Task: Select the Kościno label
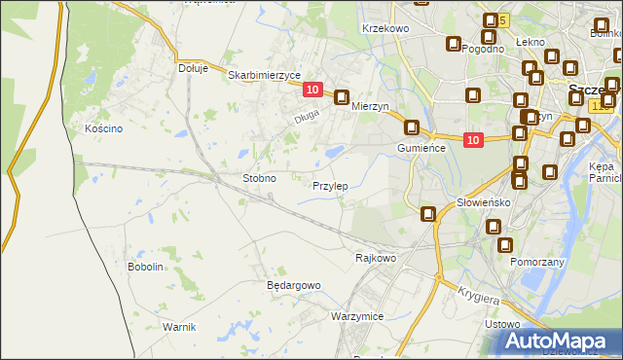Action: pyautogui.click(x=103, y=128)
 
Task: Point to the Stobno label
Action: pyautogui.click(x=260, y=179)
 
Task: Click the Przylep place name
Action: pyautogui.click(x=330, y=185)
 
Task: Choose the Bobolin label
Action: pyautogui.click(x=145, y=266)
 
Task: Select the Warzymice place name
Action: pyautogui.click(x=357, y=317)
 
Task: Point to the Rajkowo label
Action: pyautogui.click(x=376, y=258)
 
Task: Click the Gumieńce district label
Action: pyautogui.click(x=421, y=147)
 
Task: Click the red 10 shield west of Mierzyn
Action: pyautogui.click(x=311, y=90)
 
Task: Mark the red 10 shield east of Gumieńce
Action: pyautogui.click(x=472, y=140)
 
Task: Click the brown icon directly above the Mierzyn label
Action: pyautogui.click(x=342, y=97)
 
